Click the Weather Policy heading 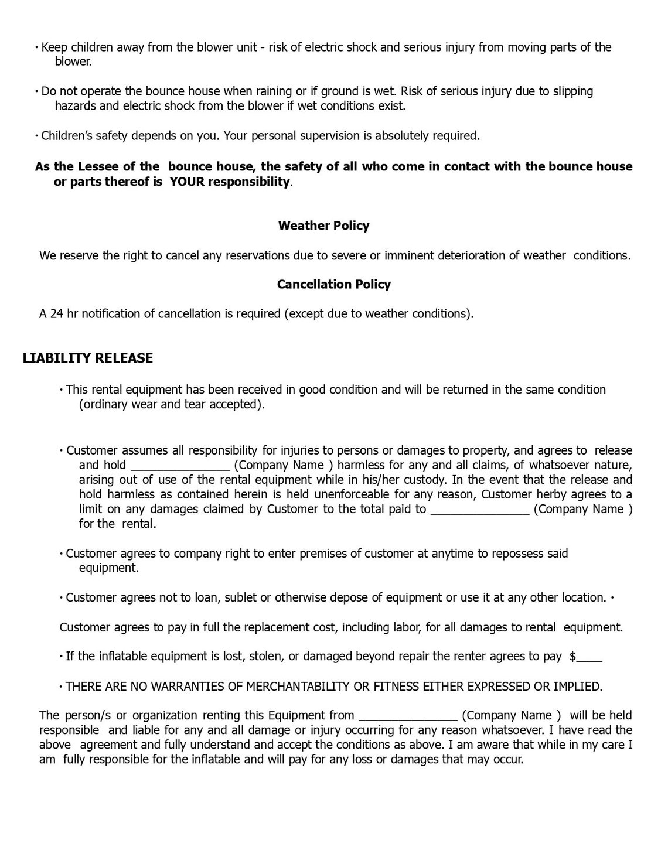pyautogui.click(x=323, y=226)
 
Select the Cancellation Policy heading pyautogui.click(x=333, y=284)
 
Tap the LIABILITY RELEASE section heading pyautogui.click(x=88, y=358)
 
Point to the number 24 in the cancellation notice pyautogui.click(x=56, y=313)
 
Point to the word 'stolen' pyautogui.click(x=267, y=656)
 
